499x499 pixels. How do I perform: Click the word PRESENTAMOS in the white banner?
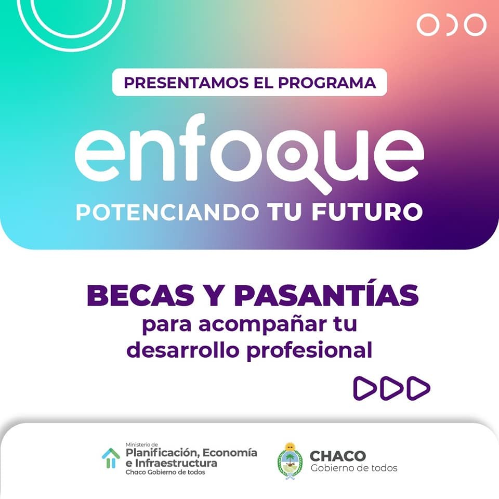186,83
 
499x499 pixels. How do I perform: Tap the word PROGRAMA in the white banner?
327,83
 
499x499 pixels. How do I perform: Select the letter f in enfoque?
192,147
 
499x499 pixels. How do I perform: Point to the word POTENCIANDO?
167,212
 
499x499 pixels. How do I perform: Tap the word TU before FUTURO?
284,212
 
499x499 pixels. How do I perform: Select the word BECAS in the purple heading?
140,295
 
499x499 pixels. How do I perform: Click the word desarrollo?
182,350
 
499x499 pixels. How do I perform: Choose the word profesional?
309,350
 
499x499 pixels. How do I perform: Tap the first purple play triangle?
365,388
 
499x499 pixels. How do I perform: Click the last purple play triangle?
418,388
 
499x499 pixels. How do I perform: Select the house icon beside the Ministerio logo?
111,458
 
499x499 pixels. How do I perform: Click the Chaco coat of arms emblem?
290,461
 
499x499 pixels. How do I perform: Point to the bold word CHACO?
338,456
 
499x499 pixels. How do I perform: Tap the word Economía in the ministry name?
230,453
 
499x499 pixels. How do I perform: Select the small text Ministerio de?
141,444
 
